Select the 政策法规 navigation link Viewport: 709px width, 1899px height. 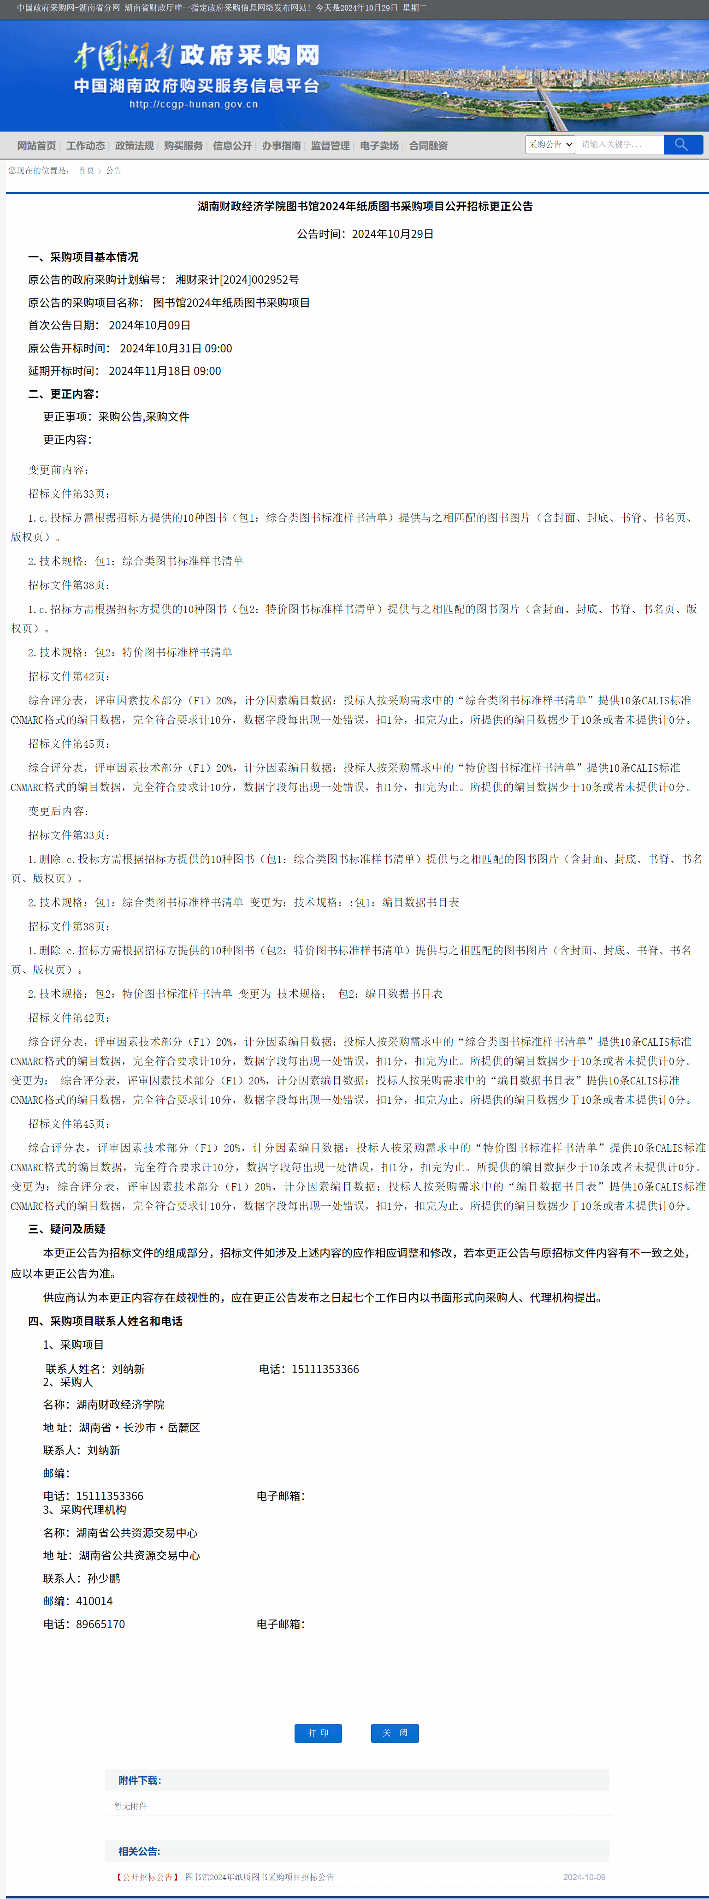tap(134, 146)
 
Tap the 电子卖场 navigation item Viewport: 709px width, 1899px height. tap(379, 146)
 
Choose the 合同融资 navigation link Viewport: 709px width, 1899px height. tap(428, 146)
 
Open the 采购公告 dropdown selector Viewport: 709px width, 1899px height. tap(550, 144)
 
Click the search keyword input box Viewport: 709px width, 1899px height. tap(619, 144)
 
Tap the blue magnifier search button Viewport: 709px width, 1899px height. tap(682, 144)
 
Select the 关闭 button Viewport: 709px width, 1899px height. tap(394, 1732)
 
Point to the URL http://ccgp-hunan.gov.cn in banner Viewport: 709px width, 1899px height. tap(194, 104)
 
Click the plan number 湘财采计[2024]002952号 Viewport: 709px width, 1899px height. tap(237, 280)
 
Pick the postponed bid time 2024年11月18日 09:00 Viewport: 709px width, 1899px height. tap(165, 371)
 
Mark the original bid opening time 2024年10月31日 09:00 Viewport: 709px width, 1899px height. tap(176, 348)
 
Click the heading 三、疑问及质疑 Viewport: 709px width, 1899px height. tap(66, 1229)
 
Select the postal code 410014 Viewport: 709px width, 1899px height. tap(95, 1601)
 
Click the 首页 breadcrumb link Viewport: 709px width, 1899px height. tap(86, 170)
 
